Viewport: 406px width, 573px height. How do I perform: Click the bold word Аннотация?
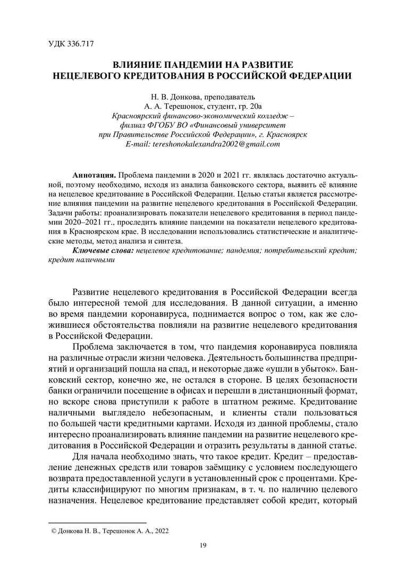click(x=94, y=175)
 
